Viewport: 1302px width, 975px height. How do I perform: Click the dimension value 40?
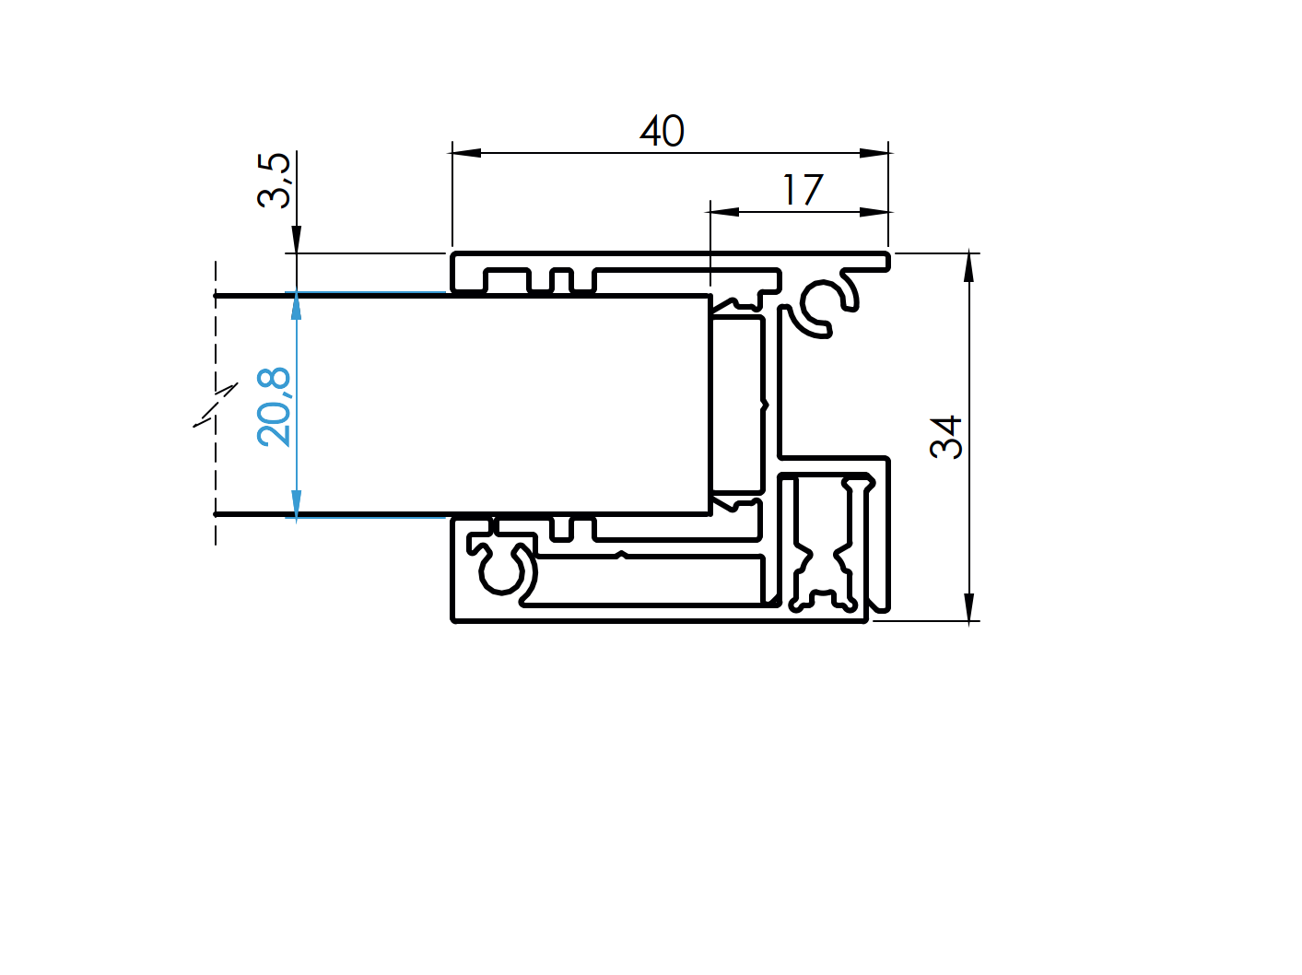coord(662,132)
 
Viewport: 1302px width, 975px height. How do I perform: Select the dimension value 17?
coord(802,191)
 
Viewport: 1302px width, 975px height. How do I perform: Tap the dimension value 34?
coord(946,437)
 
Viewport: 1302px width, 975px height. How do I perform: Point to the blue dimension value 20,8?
coord(274,406)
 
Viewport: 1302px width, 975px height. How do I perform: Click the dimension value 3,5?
coord(274,181)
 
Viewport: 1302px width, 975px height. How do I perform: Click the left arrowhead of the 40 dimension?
coord(465,153)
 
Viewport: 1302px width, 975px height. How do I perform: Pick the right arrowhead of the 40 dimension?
coord(874,153)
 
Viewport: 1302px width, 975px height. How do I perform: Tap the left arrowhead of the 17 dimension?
coord(724,212)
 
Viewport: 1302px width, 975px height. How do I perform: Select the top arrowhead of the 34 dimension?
coord(968,266)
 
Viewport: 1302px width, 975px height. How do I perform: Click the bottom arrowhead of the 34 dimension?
coord(968,607)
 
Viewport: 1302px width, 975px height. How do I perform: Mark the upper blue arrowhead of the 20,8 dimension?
coord(297,307)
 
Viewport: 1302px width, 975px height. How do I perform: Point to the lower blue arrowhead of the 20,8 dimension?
coord(297,503)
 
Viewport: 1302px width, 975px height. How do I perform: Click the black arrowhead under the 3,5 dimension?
coord(297,240)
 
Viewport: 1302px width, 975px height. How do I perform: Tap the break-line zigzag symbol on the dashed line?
coord(216,405)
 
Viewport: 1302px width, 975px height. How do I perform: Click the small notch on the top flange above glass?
coord(560,279)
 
